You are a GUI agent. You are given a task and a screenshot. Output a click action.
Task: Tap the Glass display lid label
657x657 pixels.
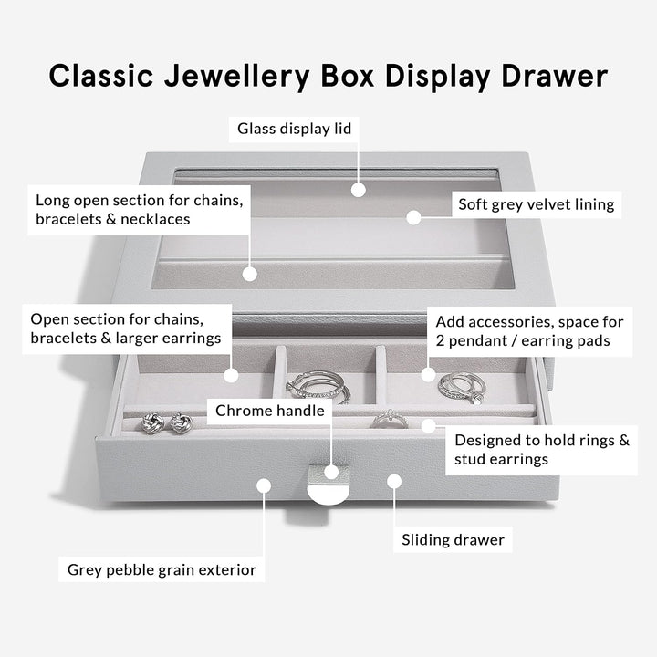294,129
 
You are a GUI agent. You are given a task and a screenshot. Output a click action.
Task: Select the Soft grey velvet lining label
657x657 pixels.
536,205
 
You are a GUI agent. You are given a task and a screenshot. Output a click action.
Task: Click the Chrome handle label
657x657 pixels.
269,411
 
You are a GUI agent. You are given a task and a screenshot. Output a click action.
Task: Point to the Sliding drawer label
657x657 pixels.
453,540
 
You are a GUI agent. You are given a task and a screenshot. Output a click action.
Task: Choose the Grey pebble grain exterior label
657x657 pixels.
162,570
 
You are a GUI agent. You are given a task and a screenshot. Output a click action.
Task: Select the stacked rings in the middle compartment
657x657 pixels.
318,386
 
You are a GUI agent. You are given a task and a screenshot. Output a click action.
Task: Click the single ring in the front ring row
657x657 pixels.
389,418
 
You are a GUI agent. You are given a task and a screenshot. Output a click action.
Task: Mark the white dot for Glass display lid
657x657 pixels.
359,190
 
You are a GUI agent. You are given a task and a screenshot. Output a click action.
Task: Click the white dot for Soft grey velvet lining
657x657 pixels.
413,217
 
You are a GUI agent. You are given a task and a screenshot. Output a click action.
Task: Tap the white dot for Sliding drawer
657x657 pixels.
394,480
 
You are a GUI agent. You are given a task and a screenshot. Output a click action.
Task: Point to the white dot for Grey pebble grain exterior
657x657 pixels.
263,485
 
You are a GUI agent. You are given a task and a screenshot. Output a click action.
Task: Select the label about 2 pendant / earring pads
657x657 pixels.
529,331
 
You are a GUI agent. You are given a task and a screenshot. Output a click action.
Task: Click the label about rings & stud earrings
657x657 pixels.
541,449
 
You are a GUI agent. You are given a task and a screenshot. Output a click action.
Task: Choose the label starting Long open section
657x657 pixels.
139,209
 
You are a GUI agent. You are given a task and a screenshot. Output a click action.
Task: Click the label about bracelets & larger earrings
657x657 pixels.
125,328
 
